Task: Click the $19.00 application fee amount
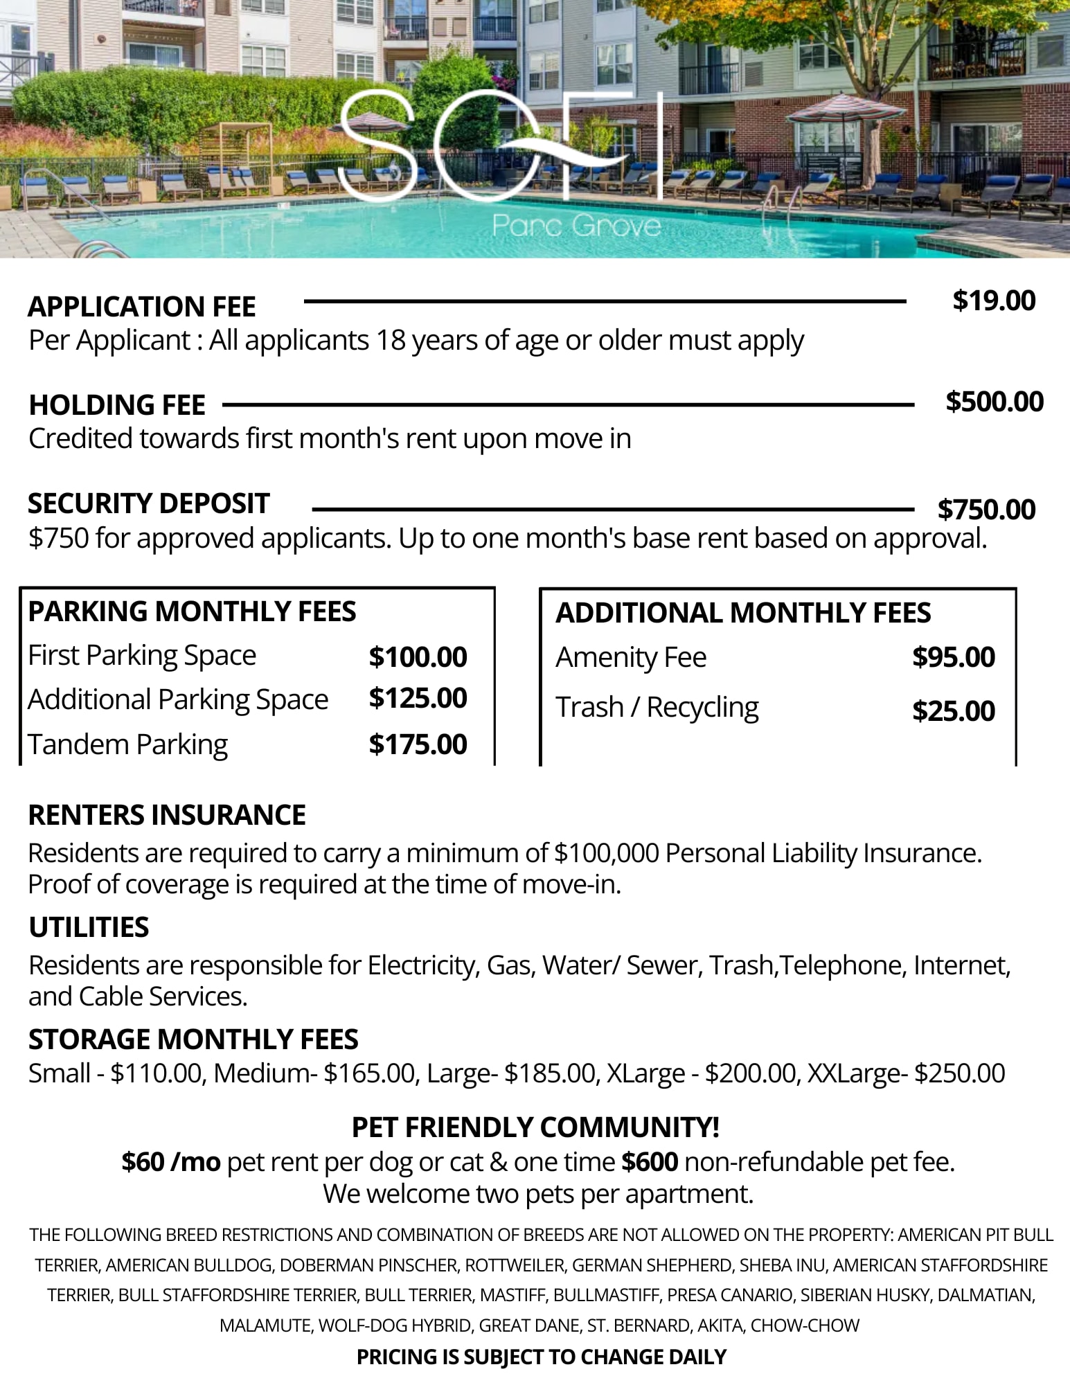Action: pyautogui.click(x=994, y=301)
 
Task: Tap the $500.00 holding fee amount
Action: pyautogui.click(x=995, y=402)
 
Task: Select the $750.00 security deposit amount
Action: pyautogui.click(x=986, y=510)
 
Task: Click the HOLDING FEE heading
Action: pyautogui.click(x=117, y=405)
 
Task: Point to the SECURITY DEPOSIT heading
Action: pyautogui.click(x=148, y=503)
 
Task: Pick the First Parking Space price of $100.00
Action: pyautogui.click(x=418, y=656)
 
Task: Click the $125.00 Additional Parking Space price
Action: pyautogui.click(x=418, y=698)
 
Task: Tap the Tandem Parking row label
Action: pyautogui.click(x=127, y=744)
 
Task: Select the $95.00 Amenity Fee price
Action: pyautogui.click(x=953, y=657)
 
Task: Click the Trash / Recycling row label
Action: pyautogui.click(x=657, y=707)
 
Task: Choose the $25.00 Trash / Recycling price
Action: pyautogui.click(x=953, y=711)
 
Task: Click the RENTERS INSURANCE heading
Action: pyautogui.click(x=167, y=815)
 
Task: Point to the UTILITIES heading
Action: pyautogui.click(x=89, y=927)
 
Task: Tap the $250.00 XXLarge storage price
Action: pyautogui.click(x=959, y=1073)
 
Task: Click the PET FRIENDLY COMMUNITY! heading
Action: pyautogui.click(x=535, y=1127)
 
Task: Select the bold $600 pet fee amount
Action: pyautogui.click(x=650, y=1161)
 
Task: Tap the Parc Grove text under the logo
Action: pyautogui.click(x=576, y=226)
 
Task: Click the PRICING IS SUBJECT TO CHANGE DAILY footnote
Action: pyautogui.click(x=541, y=1357)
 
